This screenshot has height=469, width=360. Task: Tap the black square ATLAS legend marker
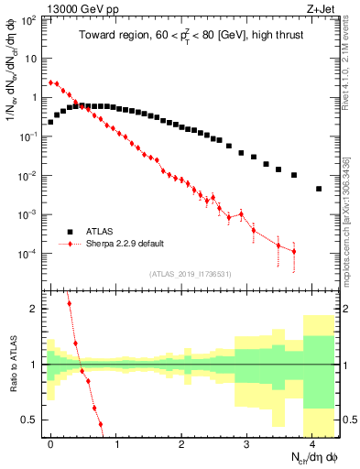(x=69, y=232)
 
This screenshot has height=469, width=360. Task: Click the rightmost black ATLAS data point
(x=319, y=189)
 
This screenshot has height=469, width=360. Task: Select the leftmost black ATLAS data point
(x=51, y=121)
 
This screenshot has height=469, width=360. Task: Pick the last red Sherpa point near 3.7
(x=294, y=251)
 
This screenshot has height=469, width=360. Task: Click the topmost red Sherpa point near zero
(x=51, y=82)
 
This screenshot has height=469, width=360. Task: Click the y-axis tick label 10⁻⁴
(x=31, y=254)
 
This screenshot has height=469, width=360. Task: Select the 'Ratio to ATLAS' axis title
(x=12, y=365)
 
